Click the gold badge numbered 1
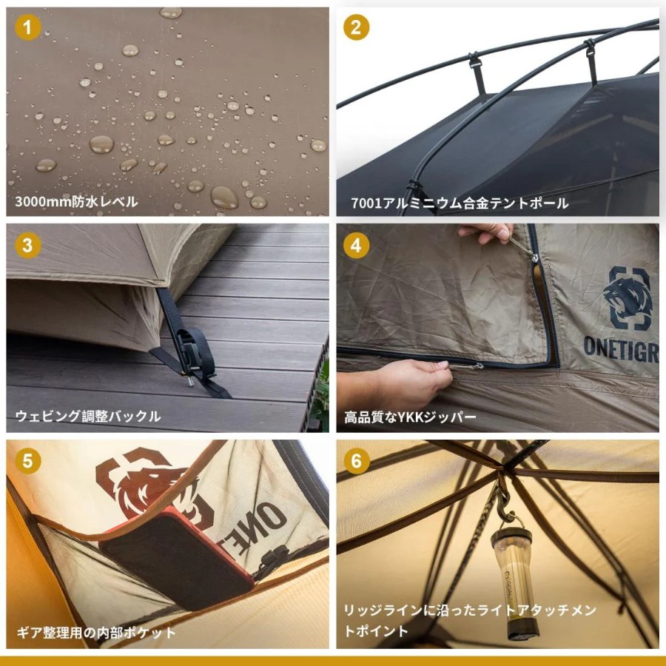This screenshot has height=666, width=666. [x=28, y=27]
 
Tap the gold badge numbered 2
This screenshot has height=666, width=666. [x=356, y=27]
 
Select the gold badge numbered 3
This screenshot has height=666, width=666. [x=28, y=245]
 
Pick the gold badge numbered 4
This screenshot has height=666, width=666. [x=356, y=245]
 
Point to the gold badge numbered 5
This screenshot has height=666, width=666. [x=28, y=461]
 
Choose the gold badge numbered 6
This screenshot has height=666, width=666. [x=356, y=461]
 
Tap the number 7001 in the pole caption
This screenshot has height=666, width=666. [x=366, y=203]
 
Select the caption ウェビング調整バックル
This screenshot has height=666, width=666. [x=88, y=416]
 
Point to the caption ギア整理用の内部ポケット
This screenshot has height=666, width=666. [x=96, y=633]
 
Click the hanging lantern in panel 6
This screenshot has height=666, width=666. [x=514, y=583]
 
